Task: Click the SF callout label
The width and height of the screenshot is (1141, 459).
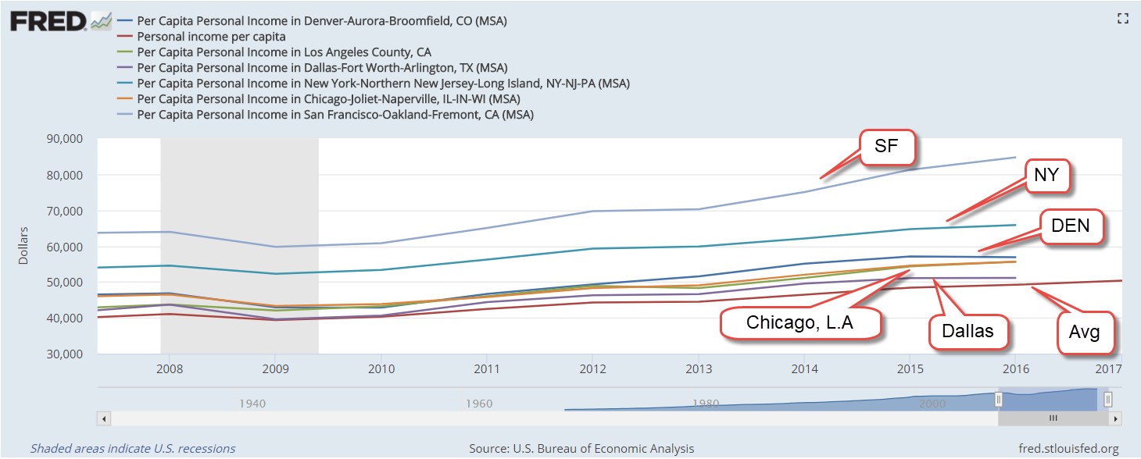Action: (887, 148)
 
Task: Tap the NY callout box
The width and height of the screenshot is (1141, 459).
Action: (1046, 176)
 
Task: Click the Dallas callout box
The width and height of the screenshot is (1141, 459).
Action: (968, 331)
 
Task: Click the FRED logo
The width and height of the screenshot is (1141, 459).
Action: (48, 21)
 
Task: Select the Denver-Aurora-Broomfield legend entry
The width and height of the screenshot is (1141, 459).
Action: (321, 21)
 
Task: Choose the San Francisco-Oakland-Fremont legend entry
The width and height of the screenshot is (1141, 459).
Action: (334, 115)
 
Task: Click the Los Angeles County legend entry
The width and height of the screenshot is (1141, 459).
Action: (284, 52)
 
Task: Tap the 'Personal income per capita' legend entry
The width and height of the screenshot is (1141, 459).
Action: (211, 37)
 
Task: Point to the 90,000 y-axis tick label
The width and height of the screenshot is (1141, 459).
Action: (66, 139)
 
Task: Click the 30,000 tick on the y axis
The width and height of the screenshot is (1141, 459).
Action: (66, 354)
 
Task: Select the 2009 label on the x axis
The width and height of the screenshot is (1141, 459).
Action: (275, 368)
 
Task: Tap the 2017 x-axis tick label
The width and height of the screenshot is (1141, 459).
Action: (1108, 368)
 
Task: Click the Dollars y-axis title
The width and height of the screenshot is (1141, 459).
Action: (23, 246)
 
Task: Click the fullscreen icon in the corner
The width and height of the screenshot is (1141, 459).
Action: (1123, 18)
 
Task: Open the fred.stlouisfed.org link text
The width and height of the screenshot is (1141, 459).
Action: (1068, 449)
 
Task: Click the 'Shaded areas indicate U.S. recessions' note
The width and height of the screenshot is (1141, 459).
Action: (133, 449)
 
